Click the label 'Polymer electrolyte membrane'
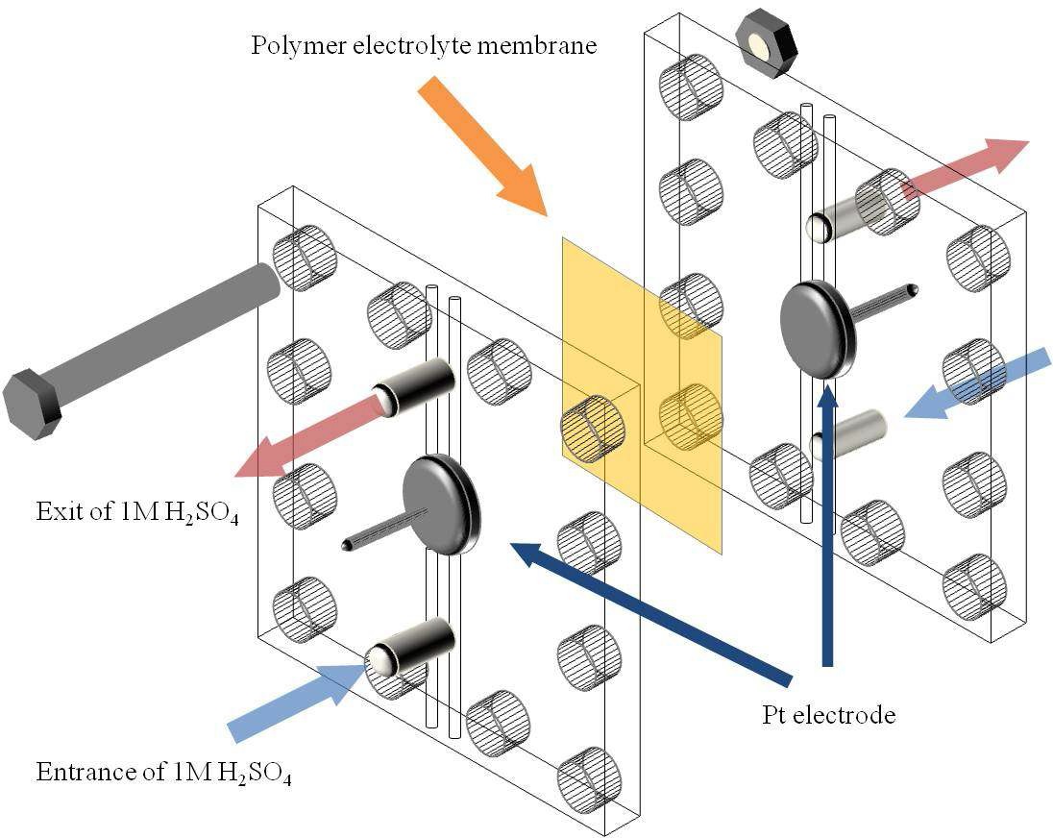[424, 46]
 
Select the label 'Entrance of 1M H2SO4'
[163, 772]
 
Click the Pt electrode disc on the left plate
[440, 503]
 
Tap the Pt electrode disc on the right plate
[817, 328]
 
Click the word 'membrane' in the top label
[545, 46]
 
